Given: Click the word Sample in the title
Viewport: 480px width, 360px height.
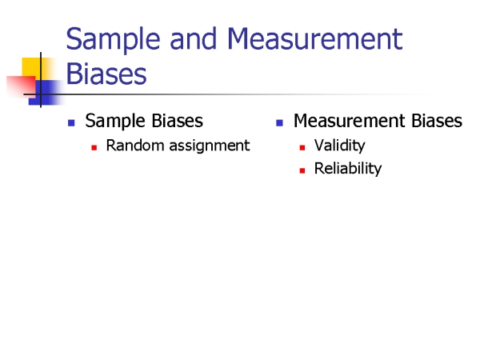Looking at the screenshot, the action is pyautogui.click(x=113, y=40).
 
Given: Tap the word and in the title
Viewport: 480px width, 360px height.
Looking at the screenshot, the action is pyautogui.click(x=193, y=38).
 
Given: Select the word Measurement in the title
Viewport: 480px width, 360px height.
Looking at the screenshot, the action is pyautogui.click(x=315, y=38).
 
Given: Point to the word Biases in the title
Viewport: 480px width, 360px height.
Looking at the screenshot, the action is pyautogui.click(x=106, y=74).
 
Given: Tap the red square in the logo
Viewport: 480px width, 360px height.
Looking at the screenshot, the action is pyautogui.click(x=21, y=86).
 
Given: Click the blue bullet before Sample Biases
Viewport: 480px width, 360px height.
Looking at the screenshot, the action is pyautogui.click(x=71, y=122).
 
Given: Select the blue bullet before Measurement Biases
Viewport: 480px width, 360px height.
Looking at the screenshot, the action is pyautogui.click(x=279, y=122).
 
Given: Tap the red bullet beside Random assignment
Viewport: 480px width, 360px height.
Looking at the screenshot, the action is pyautogui.click(x=94, y=148).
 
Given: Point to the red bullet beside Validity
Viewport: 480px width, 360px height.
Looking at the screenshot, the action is pyautogui.click(x=302, y=148).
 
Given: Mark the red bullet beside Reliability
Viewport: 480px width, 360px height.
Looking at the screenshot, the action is pyautogui.click(x=302, y=171).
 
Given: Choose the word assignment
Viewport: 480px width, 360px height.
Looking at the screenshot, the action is pyautogui.click(x=210, y=146).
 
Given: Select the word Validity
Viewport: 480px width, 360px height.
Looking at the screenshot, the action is pyautogui.click(x=340, y=146).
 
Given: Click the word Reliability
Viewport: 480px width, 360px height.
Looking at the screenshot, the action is pyautogui.click(x=348, y=169).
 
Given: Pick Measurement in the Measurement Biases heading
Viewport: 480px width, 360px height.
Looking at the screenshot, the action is pyautogui.click(x=350, y=120).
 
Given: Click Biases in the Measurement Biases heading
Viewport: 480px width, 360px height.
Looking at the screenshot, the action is pyautogui.click(x=437, y=120).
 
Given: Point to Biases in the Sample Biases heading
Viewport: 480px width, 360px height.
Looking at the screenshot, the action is pyautogui.click(x=178, y=120).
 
